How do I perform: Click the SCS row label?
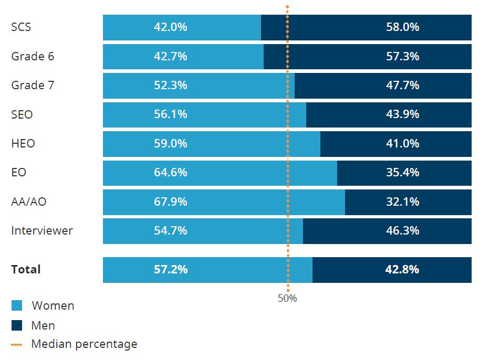coord(21,27)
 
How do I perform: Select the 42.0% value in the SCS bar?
coord(170,27)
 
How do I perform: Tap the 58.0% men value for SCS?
coord(402,27)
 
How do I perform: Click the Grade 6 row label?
coord(33,56)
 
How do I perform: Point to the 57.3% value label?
coord(402,56)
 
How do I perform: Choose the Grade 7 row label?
coord(33,85)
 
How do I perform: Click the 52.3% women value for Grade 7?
coord(170,85)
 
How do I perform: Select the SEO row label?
coord(22,114)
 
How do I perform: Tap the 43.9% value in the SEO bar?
coord(402,114)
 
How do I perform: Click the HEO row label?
coord(23,143)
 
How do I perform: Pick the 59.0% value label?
coord(170,143)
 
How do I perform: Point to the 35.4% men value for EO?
coord(402,172)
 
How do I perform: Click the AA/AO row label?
coord(29,202)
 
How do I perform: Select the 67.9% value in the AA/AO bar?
coord(170,202)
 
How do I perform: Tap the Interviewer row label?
coord(42,230)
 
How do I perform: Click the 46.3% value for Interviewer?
coord(402,230)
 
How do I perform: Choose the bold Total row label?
coord(26,270)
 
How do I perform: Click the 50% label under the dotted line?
coord(287,299)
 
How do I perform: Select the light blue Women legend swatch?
coord(17,305)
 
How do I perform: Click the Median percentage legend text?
coord(84,344)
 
